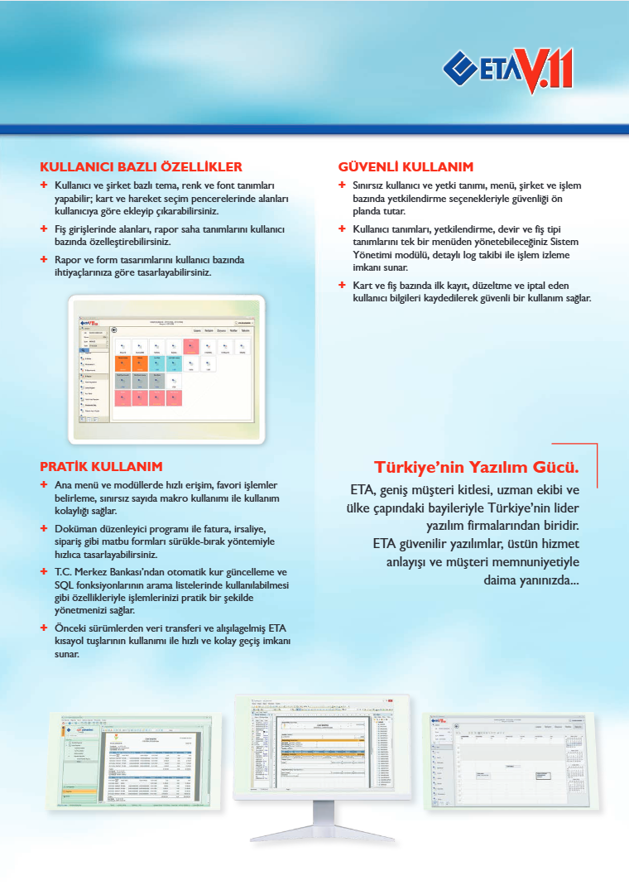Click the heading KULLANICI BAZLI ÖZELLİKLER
tap(141, 166)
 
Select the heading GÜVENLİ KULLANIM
tap(406, 166)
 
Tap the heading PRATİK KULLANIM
tap(101, 466)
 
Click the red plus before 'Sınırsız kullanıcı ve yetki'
tap(342, 186)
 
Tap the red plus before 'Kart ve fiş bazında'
tap(342, 286)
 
